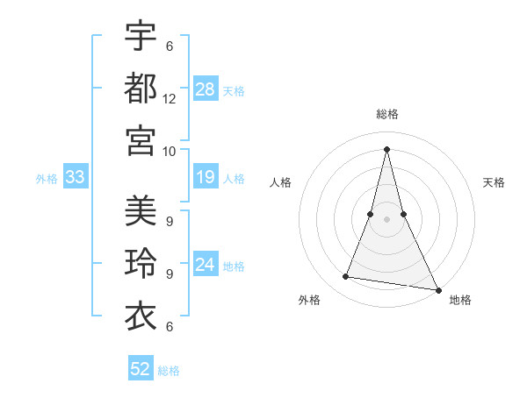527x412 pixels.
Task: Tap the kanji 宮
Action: point(141,139)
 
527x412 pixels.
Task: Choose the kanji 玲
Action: point(141,264)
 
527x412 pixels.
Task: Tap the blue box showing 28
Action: point(206,89)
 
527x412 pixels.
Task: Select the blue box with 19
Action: point(206,178)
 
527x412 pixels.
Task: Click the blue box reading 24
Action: point(206,266)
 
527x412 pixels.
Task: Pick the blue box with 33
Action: point(76,178)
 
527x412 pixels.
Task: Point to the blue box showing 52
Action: point(141,369)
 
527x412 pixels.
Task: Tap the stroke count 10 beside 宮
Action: point(170,151)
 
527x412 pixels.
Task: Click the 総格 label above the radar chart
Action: point(387,114)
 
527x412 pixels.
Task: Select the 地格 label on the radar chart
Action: point(460,300)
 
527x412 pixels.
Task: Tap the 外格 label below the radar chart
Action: point(309,300)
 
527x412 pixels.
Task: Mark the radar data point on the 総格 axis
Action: point(387,148)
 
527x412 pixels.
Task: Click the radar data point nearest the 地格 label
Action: point(437,289)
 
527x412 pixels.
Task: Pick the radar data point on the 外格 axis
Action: point(346,277)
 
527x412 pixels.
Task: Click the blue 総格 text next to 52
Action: point(169,371)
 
